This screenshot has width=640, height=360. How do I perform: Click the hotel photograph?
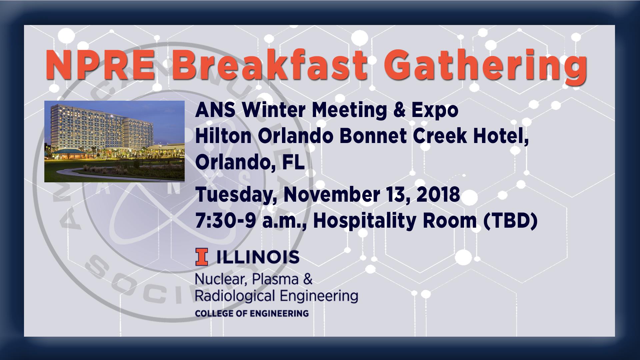[x=114, y=141]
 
